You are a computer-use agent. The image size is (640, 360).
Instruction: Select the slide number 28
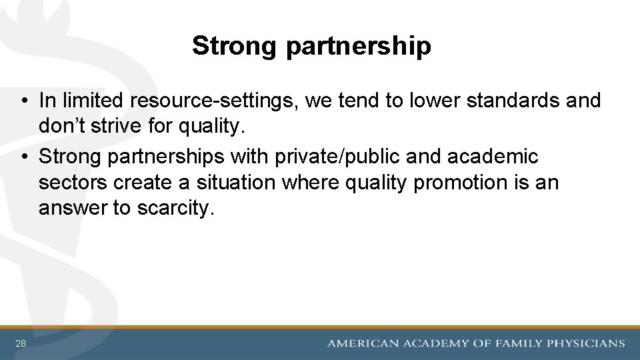(21, 344)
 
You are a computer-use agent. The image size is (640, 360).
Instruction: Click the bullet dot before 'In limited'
(23, 101)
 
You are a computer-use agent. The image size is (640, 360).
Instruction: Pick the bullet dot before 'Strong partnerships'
(23, 157)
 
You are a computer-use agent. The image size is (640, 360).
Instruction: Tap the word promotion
(458, 183)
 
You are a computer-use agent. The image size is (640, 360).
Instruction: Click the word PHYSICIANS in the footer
(586, 344)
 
